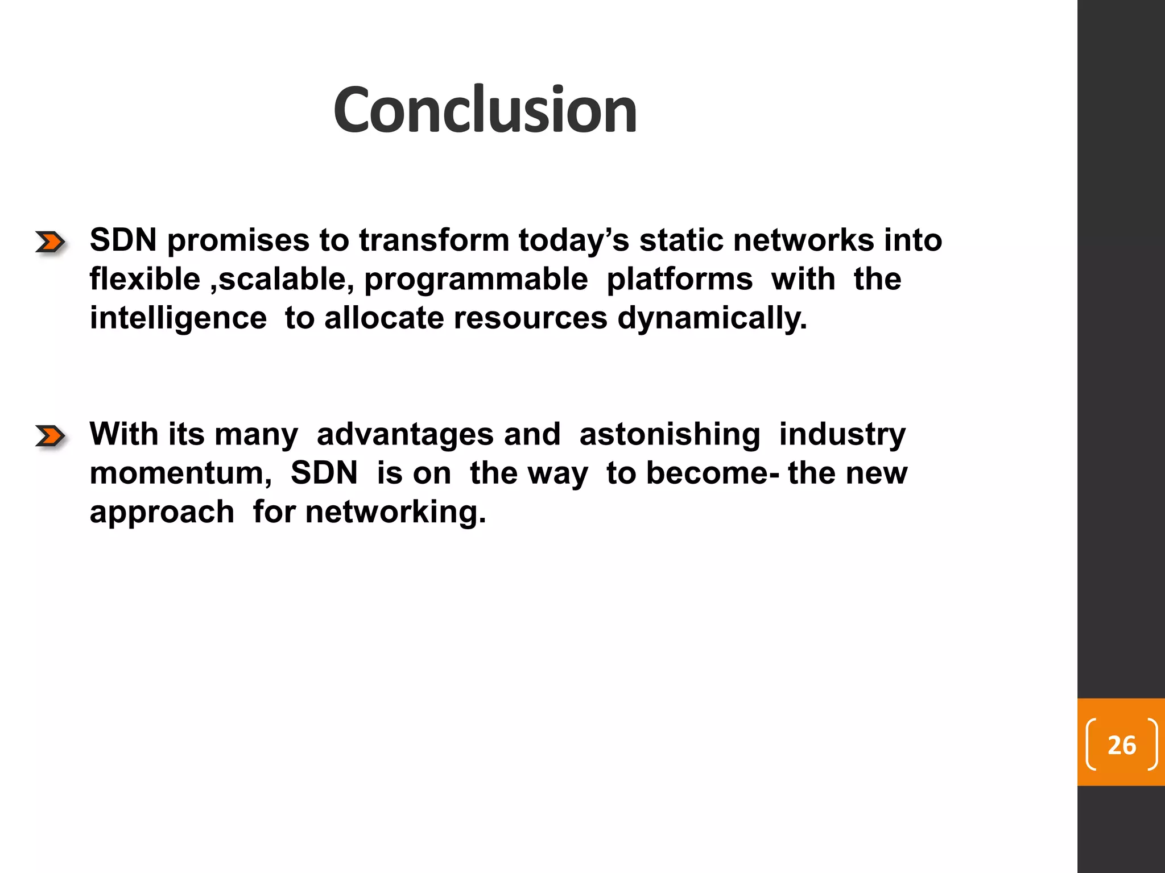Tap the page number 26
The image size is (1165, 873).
(x=1121, y=745)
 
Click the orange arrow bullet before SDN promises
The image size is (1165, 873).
(x=50, y=242)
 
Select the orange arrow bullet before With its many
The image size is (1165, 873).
(x=50, y=436)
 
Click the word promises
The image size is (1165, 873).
(x=238, y=241)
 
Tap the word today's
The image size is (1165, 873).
(x=573, y=240)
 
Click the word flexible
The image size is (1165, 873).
(x=144, y=279)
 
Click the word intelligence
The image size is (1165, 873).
(x=178, y=318)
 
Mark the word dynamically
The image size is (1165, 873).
(x=712, y=318)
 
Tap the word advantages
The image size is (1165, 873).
(x=405, y=435)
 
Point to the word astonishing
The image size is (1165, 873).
(x=669, y=435)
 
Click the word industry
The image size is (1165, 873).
(x=842, y=435)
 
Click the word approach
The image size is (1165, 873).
(x=162, y=513)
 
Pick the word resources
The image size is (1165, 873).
(x=530, y=318)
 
